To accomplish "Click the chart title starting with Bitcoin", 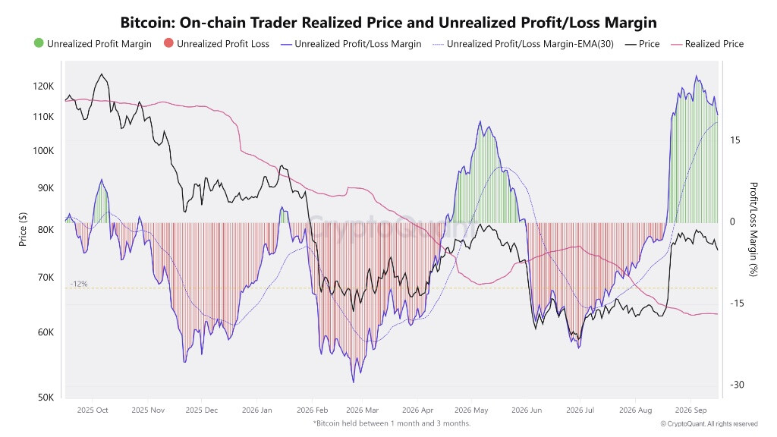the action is pos(388,22).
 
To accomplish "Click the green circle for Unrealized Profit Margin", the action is pos(39,43).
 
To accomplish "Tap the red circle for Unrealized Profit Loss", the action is pos(168,43).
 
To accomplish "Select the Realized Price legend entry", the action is pos(707,43).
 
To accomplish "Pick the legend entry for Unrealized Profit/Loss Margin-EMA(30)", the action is pos(524,43).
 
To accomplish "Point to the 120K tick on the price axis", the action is pos(43,86).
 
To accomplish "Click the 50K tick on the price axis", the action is pos(46,398).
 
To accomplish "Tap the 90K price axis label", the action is pos(46,188).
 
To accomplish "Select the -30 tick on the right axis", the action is pos(737,385).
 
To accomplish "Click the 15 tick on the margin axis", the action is pos(735,140).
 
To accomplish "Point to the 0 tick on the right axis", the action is pos(732,222).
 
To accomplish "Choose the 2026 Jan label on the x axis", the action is pos(256,410).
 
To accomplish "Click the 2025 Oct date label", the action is pos(93,410).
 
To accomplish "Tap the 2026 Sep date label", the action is pos(690,410).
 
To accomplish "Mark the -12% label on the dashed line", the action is pos(79,284).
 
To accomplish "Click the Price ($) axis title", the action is pos(22,229).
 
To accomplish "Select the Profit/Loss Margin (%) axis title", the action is pos(753,229).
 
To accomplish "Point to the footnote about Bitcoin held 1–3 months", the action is pos(392,423).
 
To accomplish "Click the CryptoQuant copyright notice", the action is pos(709,423).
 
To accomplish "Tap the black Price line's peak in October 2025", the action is pos(102,74).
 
